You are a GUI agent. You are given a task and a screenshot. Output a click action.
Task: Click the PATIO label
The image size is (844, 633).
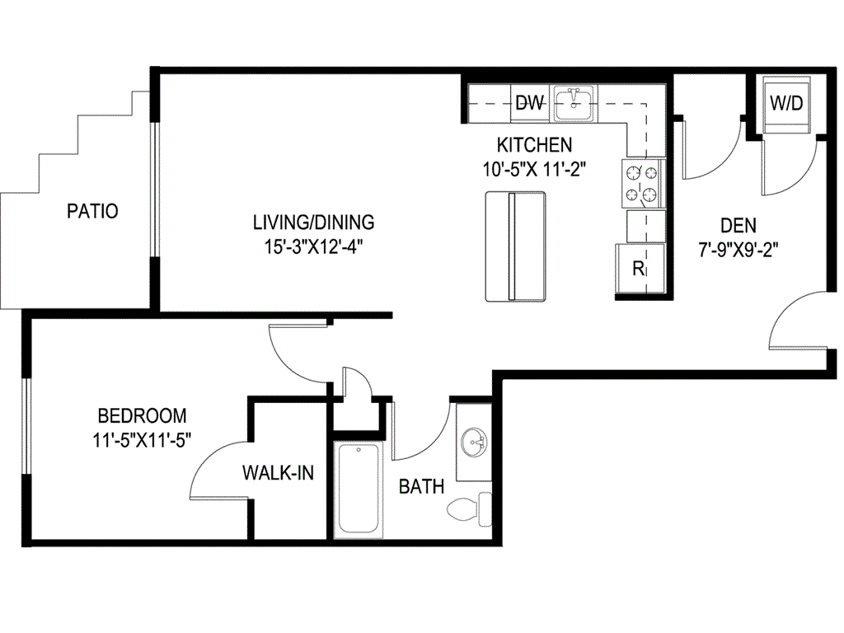click(92, 211)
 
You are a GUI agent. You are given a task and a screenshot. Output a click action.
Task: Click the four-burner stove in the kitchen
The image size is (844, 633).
click(644, 184)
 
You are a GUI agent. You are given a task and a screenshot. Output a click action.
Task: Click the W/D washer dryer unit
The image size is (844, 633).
click(785, 104)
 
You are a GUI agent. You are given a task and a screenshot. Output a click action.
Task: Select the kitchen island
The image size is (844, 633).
click(515, 247)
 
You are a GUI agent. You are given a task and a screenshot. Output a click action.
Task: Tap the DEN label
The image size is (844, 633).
click(738, 225)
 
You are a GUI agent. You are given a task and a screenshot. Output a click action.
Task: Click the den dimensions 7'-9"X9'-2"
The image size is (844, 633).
click(738, 247)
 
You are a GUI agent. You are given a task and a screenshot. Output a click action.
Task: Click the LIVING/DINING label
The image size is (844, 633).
click(313, 222)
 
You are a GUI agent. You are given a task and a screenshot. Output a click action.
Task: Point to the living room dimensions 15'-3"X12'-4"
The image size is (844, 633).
click(313, 246)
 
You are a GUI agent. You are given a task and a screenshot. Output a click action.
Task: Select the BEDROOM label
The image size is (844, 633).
click(142, 415)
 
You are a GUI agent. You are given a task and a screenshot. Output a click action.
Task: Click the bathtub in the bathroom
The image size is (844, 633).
click(358, 490)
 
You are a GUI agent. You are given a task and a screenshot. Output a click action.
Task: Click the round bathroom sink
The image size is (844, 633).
click(475, 443)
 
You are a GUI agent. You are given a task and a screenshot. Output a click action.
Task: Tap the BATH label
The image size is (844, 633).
click(421, 487)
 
